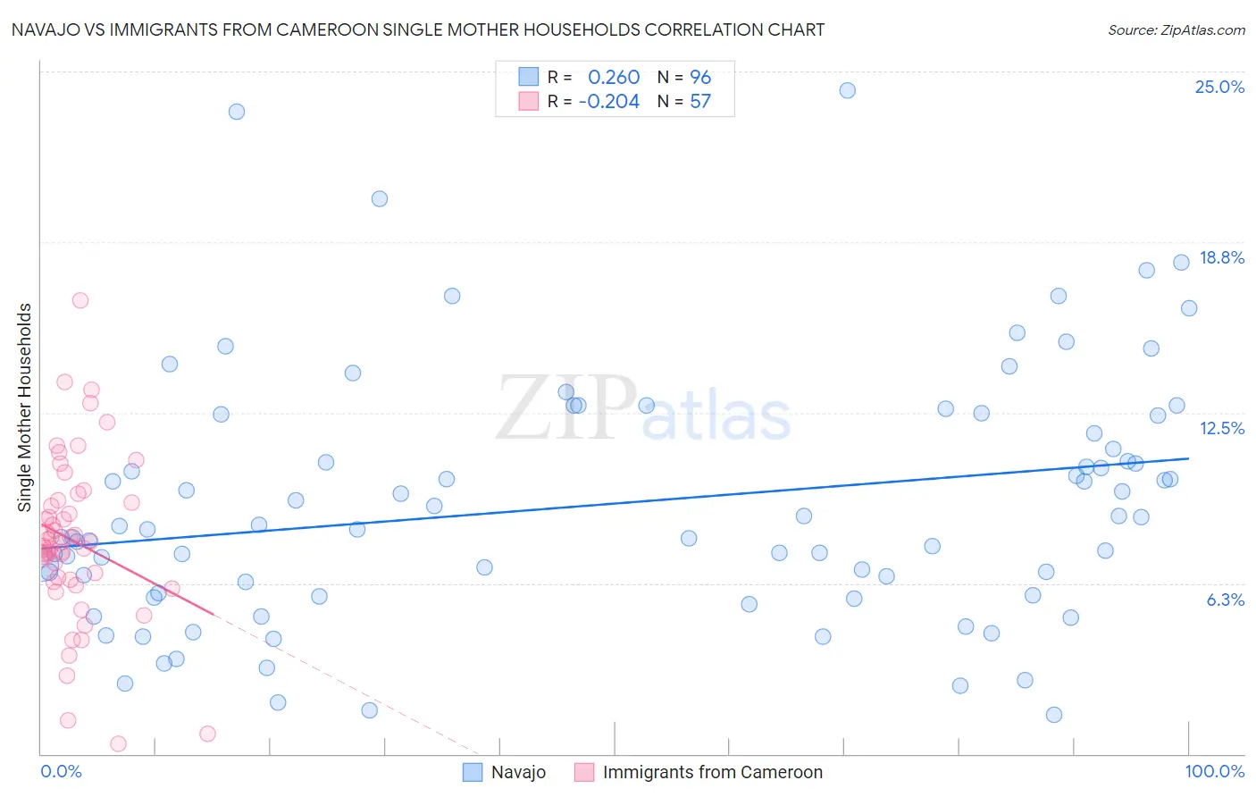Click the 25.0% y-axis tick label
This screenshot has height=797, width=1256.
(x=1219, y=87)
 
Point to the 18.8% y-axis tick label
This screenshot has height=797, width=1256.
(x=1221, y=257)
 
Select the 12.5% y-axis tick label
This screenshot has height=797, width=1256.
(x=1221, y=428)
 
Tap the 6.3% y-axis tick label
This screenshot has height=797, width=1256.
(x=1225, y=600)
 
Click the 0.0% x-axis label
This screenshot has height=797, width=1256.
(x=61, y=771)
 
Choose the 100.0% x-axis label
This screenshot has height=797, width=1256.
(x=1214, y=771)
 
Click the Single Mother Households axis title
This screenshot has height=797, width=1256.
(x=24, y=407)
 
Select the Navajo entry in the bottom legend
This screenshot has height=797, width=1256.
(x=518, y=772)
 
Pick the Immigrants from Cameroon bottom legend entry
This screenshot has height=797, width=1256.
(x=712, y=772)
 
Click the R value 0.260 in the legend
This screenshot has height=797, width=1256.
(x=614, y=78)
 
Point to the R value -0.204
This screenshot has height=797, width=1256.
(x=609, y=102)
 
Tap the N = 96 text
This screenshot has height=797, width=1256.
(x=684, y=78)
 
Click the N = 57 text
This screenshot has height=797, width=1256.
(x=684, y=102)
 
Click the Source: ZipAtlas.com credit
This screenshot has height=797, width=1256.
(x=1176, y=30)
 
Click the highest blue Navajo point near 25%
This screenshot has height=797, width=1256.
(x=847, y=90)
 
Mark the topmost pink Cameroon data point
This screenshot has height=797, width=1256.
(x=80, y=300)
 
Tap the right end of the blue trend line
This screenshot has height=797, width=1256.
(x=1188, y=458)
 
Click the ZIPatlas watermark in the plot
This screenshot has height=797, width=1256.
(x=643, y=409)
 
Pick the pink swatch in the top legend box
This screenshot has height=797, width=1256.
(x=529, y=102)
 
